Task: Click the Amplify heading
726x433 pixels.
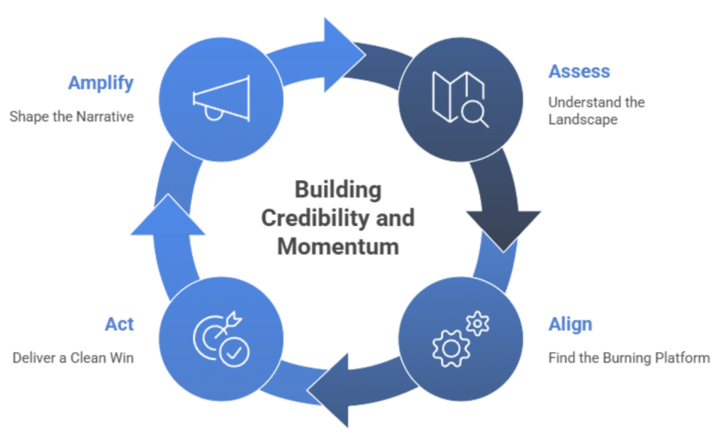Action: [x=101, y=83]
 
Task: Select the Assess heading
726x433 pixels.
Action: [x=579, y=72]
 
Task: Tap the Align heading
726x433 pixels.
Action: [x=570, y=325]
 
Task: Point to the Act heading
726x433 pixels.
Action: [x=119, y=325]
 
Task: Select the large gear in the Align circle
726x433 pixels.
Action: [x=451, y=347]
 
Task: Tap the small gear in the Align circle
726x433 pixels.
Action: [x=478, y=324]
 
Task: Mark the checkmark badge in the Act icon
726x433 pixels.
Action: [x=234, y=353]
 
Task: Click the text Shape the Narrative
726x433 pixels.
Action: [x=72, y=117]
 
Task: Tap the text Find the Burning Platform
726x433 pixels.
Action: [x=628, y=357]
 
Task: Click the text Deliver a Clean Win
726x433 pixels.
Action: [x=73, y=357]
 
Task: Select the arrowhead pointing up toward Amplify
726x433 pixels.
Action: [x=167, y=213]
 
